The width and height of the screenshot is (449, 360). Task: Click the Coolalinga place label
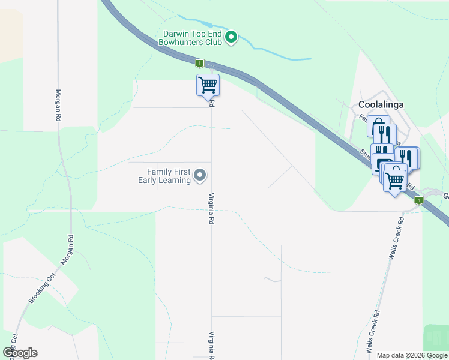[381, 104]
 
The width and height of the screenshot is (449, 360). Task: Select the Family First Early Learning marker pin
[200, 176]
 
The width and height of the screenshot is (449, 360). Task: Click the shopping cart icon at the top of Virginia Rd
[208, 85]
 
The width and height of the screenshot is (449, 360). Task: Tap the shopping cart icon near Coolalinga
[394, 178]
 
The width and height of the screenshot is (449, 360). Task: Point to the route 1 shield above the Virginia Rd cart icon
[200, 63]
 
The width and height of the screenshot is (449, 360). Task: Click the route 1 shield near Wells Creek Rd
[419, 200]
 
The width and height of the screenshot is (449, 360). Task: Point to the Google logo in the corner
[20, 353]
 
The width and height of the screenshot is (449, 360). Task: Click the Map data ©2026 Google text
[412, 355]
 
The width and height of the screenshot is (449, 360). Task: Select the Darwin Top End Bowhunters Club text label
[190, 38]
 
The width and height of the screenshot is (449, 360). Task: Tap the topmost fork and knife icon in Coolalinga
[384, 133]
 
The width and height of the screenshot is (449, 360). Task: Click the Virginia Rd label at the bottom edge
[211, 346]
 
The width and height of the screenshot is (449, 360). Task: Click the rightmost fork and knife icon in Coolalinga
[407, 157]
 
